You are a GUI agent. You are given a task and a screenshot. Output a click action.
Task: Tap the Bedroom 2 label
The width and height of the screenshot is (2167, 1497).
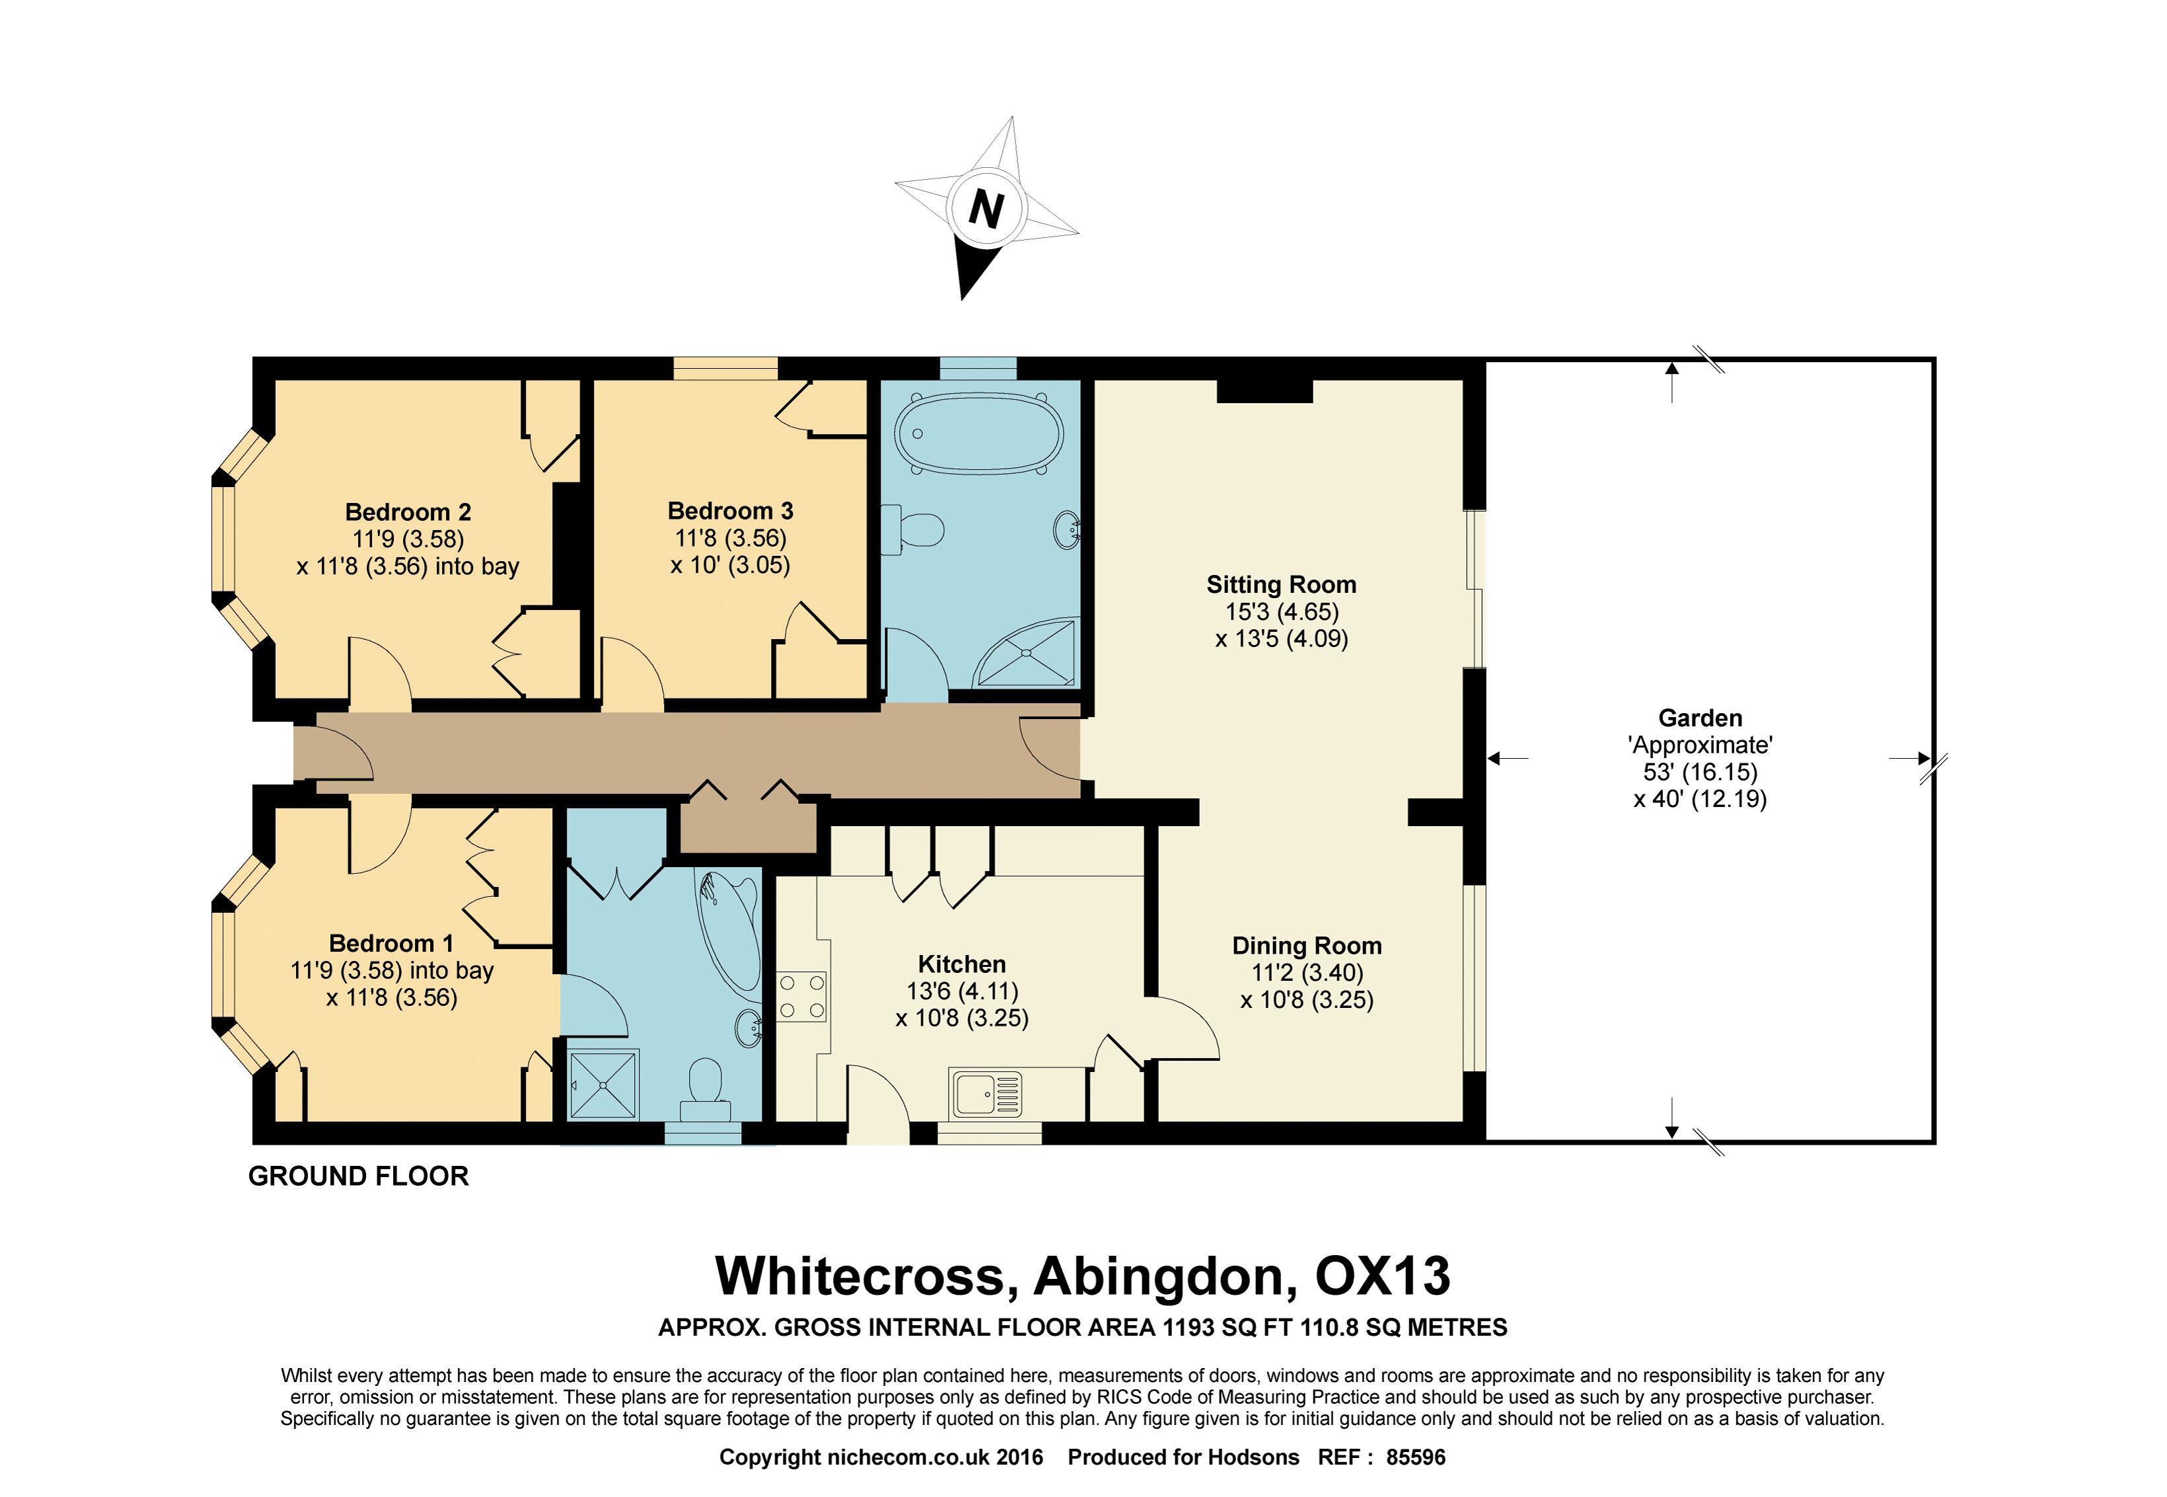coord(408,512)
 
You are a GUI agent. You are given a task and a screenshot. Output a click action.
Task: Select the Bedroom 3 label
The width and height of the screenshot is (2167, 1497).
coord(731,511)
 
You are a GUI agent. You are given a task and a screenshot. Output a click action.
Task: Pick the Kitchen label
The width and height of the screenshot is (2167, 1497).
coord(962,964)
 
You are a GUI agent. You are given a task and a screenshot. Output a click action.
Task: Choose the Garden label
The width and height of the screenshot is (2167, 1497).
coord(1700,718)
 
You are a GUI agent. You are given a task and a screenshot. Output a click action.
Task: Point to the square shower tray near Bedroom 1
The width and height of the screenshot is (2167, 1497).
coord(604,1085)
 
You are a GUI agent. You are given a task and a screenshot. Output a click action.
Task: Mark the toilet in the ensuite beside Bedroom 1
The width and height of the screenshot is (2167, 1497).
coord(705,1090)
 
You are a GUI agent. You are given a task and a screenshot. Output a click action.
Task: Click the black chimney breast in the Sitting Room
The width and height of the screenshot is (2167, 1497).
coord(1264,391)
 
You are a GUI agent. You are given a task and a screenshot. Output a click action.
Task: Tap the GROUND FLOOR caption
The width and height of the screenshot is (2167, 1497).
coord(358,1176)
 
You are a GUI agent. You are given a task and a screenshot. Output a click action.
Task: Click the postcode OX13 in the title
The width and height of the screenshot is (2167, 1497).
coord(1383,1276)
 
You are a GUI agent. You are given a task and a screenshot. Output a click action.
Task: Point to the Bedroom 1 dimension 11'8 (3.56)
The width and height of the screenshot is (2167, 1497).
coord(392,997)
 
